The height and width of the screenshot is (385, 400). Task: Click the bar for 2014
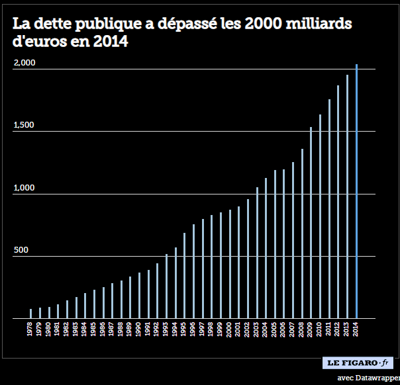(x=357, y=192)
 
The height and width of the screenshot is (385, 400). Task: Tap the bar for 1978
(x=30, y=314)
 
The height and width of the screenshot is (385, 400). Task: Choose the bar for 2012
(x=338, y=202)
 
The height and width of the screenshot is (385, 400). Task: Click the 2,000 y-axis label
(x=24, y=63)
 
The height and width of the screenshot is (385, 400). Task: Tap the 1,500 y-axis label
(x=24, y=126)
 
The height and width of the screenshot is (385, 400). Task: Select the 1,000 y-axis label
(x=24, y=188)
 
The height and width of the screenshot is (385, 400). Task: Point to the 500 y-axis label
(x=21, y=251)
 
